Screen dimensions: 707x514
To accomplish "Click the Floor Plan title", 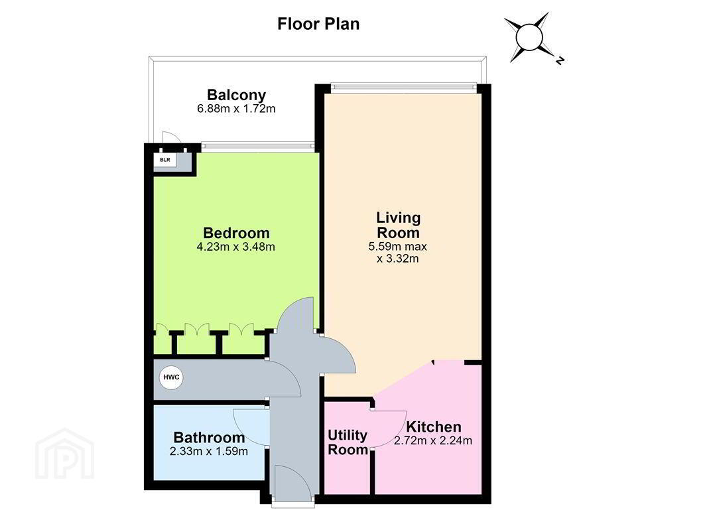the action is click(x=318, y=24).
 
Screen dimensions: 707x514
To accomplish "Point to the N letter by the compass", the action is click(x=560, y=60).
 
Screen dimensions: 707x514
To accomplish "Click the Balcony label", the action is click(x=236, y=95).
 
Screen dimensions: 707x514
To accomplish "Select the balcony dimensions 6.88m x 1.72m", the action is click(x=236, y=109).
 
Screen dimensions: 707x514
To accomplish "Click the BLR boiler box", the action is click(x=165, y=160).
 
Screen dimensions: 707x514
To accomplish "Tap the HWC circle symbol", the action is click(x=171, y=377).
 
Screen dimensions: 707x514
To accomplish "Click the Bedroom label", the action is click(x=236, y=233).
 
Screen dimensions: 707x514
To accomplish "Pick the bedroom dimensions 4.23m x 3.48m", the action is click(x=236, y=247).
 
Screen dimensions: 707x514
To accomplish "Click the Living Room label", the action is click(x=398, y=225).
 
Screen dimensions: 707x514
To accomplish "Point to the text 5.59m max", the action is click(x=397, y=247).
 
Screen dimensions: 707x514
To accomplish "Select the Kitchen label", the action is click(x=433, y=427).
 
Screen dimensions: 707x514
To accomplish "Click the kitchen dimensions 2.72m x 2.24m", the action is click(x=433, y=440).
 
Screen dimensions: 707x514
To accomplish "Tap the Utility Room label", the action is click(x=348, y=442).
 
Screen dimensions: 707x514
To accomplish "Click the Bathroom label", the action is click(x=209, y=437).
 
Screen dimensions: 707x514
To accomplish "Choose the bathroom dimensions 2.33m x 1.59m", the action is click(x=209, y=451).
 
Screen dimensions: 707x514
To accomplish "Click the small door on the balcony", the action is click(x=172, y=137).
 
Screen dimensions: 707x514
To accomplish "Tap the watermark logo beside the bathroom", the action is click(x=64, y=454).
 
